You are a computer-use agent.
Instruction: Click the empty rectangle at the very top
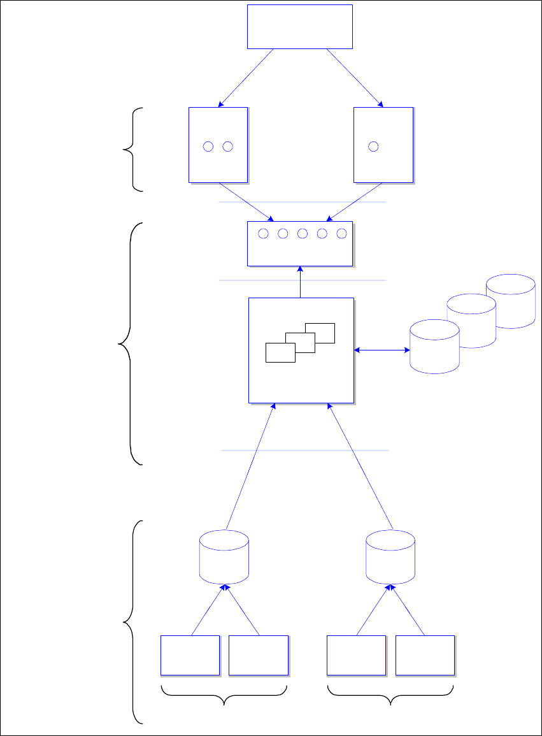tap(299, 26)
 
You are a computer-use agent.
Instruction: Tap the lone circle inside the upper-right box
tap(373, 147)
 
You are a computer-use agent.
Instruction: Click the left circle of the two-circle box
tap(208, 147)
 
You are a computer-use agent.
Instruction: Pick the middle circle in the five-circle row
tap(303, 234)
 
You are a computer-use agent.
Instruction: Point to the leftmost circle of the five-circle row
tap(263, 234)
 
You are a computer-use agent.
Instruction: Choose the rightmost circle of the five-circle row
tap(341, 234)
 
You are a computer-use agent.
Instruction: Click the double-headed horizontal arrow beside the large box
tap(382, 350)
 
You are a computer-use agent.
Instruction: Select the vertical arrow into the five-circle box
tap(299, 282)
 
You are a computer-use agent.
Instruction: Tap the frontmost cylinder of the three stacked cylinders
tap(434, 346)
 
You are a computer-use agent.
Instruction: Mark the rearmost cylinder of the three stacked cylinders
tap(510, 301)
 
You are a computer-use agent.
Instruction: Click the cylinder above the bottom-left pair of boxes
tap(224, 556)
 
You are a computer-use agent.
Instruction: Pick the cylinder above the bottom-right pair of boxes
tap(390, 556)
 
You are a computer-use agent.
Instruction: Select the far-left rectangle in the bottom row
tap(190, 655)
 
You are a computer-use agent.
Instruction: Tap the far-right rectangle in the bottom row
tap(425, 655)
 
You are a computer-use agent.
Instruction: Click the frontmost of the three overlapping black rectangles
tap(280, 352)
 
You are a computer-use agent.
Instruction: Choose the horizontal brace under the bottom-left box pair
tap(225, 695)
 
